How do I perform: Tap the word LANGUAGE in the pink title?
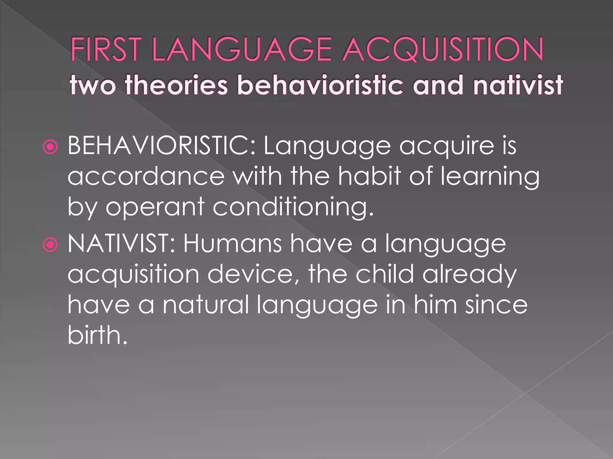242,49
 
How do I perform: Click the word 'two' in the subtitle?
93,85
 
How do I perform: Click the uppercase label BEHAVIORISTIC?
162,146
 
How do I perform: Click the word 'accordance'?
146,177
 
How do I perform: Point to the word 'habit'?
370,176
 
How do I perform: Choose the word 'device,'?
254,275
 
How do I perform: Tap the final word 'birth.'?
98,336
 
